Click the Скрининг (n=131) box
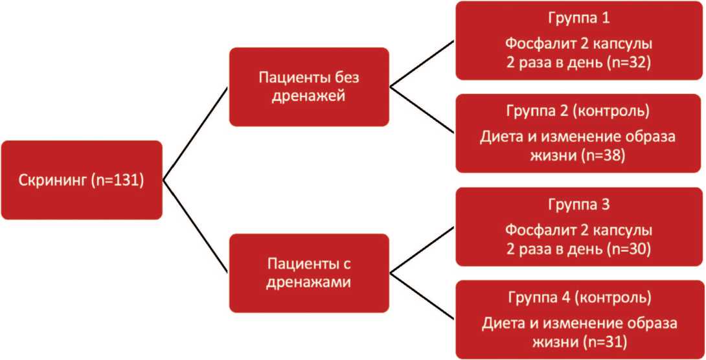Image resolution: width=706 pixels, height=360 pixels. click(x=82, y=180)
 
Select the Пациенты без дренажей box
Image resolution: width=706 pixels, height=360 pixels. click(x=309, y=87)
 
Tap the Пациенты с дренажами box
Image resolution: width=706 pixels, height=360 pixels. click(x=309, y=273)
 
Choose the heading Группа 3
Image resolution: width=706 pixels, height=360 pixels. click(x=579, y=205)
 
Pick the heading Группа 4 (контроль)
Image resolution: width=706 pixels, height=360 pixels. click(x=579, y=298)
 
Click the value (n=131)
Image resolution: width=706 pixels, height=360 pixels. click(x=119, y=181)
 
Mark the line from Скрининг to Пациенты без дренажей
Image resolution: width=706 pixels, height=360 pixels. click(x=194, y=133)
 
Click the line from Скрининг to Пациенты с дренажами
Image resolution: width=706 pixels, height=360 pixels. click(x=194, y=227)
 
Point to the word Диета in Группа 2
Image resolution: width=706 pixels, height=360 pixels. click(x=499, y=137)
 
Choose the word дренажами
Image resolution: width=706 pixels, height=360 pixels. click(x=309, y=282)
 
